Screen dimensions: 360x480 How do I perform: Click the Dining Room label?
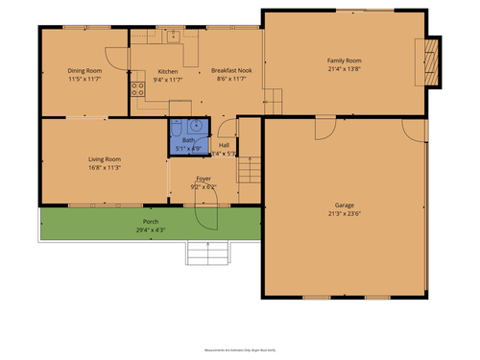point(84,70)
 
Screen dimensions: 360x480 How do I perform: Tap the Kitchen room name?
point(168,71)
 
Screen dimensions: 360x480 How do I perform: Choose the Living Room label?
point(104,158)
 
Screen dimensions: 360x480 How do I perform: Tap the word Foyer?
point(204,179)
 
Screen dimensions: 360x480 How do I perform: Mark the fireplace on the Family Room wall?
point(432,61)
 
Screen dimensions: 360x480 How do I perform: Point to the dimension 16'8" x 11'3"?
point(104,167)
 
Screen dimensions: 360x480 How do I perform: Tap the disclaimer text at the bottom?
point(240,351)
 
